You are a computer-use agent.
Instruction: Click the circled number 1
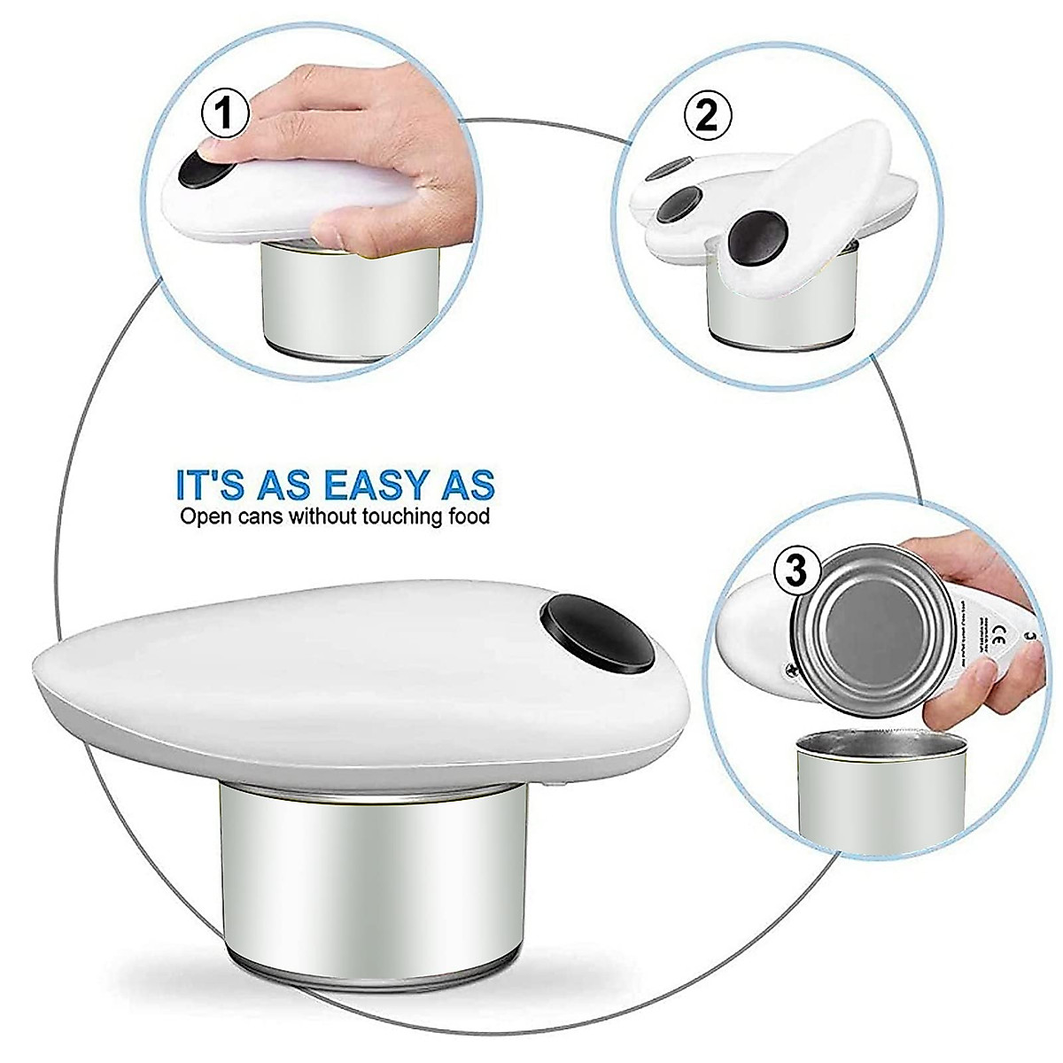pos(225,116)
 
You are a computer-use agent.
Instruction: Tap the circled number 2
pos(707,115)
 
